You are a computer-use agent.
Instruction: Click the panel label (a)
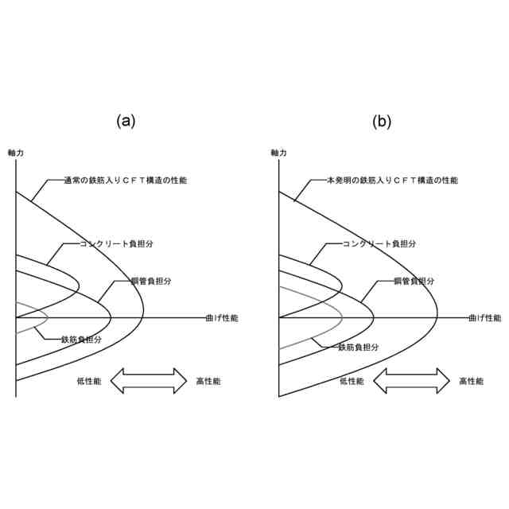click(x=126, y=121)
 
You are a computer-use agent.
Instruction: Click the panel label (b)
click(x=383, y=121)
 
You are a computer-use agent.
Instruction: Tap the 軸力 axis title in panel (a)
click(x=15, y=152)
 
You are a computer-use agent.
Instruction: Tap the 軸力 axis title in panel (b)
click(x=278, y=152)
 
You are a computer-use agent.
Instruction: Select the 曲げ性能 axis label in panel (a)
click(x=220, y=317)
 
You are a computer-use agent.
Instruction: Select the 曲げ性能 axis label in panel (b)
click(x=484, y=317)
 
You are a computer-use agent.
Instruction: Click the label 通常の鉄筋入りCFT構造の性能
click(x=125, y=181)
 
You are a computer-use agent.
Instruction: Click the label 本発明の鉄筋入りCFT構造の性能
click(x=392, y=181)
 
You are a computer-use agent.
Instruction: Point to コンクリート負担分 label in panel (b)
click(x=379, y=243)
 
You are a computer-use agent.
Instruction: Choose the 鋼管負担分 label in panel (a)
click(x=151, y=282)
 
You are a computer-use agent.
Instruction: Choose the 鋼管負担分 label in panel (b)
click(x=414, y=282)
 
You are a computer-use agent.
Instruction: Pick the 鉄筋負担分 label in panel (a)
click(x=82, y=339)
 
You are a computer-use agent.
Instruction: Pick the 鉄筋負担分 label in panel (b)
click(x=358, y=348)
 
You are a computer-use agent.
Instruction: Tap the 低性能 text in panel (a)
click(x=89, y=382)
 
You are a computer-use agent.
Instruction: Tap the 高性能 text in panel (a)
click(x=208, y=382)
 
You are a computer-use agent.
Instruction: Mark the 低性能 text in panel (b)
click(x=352, y=382)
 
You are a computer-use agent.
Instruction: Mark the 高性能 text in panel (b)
click(x=471, y=382)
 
